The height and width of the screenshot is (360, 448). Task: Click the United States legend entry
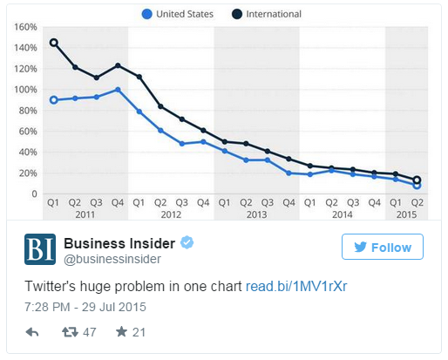click(178, 14)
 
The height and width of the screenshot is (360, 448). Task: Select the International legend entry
click(267, 14)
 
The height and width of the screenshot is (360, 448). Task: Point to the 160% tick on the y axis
click(25, 27)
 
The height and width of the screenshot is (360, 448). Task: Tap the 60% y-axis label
click(28, 132)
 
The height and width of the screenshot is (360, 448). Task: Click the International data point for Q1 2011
click(53, 43)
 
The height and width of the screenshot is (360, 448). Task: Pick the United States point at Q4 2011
click(118, 90)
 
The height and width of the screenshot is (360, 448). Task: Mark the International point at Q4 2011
click(118, 65)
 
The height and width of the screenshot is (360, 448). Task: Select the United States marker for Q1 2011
click(53, 100)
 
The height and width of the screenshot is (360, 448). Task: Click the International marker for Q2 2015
click(417, 180)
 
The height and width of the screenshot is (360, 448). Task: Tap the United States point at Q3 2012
click(182, 144)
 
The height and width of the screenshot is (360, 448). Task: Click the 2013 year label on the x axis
click(256, 214)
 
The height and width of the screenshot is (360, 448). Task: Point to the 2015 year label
click(406, 214)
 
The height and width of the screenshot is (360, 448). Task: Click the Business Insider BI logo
click(40, 249)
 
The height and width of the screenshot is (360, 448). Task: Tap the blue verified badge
click(187, 242)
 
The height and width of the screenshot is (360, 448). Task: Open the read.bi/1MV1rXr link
click(296, 286)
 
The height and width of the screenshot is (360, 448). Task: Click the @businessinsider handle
click(112, 259)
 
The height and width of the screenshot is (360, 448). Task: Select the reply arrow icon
click(32, 332)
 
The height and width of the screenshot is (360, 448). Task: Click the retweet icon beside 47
click(70, 332)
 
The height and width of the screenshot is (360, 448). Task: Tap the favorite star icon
click(121, 331)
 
